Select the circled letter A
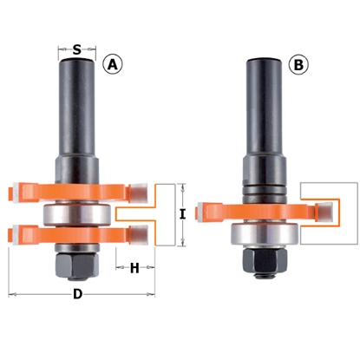pyautogui.click(x=112, y=63)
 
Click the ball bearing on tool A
pyautogui.click(x=77, y=212)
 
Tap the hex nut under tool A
pyautogui.click(x=77, y=262)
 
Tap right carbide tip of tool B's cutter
pyautogui.click(x=323, y=208)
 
